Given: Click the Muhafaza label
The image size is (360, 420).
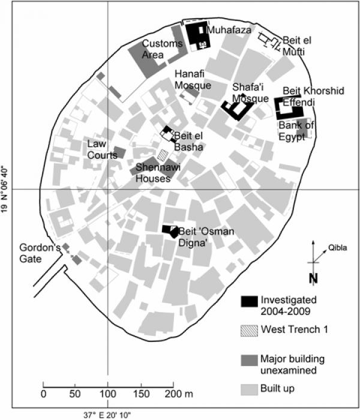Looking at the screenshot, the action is click(x=229, y=30).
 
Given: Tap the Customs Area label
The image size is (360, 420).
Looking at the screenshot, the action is click(x=163, y=49).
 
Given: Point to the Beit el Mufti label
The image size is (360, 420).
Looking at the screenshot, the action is click(x=297, y=46).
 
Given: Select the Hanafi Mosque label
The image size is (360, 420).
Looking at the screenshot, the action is click(x=193, y=80).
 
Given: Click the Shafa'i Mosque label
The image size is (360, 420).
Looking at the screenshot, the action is click(x=250, y=93).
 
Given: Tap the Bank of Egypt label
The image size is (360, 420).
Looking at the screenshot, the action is click(x=296, y=131).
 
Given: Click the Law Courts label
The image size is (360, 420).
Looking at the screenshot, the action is click(x=103, y=149).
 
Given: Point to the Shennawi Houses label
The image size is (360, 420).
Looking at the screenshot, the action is click(x=158, y=173).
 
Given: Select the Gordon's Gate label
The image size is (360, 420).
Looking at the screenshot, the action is click(x=40, y=253).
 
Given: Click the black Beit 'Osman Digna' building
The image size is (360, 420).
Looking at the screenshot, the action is click(x=170, y=231).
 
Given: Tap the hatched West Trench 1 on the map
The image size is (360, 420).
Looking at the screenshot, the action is click(x=163, y=155).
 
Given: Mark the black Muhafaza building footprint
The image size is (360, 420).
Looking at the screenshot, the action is click(x=198, y=35).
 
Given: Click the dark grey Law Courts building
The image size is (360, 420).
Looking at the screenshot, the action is click(x=119, y=152).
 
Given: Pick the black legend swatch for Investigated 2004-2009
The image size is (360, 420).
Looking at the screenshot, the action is click(x=249, y=301).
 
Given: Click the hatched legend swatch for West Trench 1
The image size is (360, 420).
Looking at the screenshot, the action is click(x=249, y=331).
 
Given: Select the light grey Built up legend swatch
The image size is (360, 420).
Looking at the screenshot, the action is click(x=249, y=389).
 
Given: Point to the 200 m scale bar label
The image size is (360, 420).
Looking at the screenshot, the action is click(x=179, y=394).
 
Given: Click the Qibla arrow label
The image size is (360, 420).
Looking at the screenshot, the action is click(x=338, y=248).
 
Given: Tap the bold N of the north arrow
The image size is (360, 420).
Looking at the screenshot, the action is click(x=313, y=278).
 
